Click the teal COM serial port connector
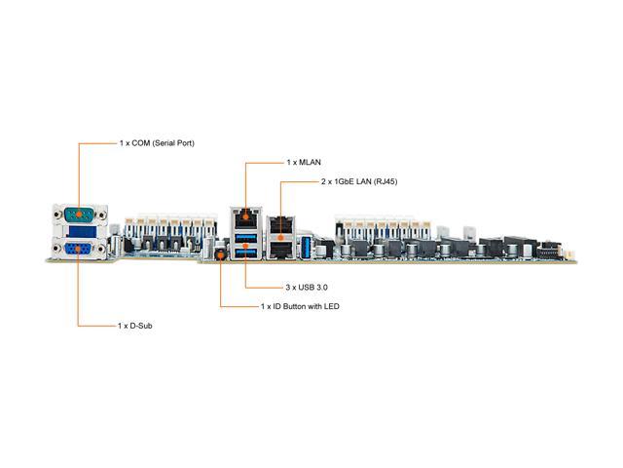80,214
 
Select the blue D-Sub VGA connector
78,250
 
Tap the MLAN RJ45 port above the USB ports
246,218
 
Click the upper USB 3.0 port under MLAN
246,238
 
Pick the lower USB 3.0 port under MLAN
246,253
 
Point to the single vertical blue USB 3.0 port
306,247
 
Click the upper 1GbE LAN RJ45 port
281,225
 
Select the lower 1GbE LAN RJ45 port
281,250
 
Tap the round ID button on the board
220,254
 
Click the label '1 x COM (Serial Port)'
157,143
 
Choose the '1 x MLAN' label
304,163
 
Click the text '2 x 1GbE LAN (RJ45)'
359,181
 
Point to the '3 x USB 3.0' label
307,288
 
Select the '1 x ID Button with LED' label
300,306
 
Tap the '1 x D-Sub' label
134,326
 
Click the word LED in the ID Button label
331,306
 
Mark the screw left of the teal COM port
57,215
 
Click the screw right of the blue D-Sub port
101,250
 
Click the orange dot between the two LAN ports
281,238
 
